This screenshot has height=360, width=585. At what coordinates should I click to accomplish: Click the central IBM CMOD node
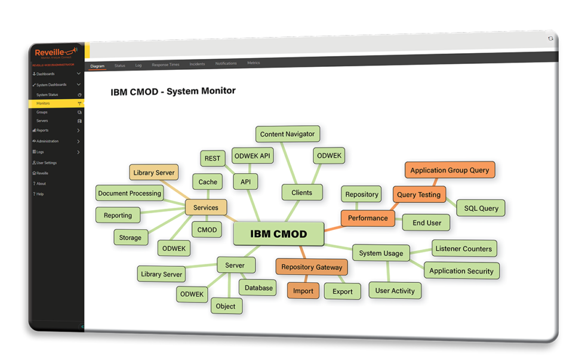pyautogui.click(x=278, y=233)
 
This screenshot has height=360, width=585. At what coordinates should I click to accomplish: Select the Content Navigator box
pyautogui.click(x=287, y=134)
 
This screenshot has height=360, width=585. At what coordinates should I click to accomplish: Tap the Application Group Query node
pyautogui.click(x=449, y=170)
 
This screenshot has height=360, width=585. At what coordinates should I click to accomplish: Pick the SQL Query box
pyautogui.click(x=481, y=208)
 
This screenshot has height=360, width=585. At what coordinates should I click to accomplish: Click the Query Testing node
pyautogui.click(x=418, y=194)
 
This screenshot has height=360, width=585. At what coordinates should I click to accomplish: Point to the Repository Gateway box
pyautogui.click(x=312, y=267)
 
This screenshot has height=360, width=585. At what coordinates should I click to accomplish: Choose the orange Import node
pyautogui.click(x=303, y=291)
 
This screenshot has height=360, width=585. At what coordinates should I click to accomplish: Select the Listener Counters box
pyautogui.click(x=463, y=248)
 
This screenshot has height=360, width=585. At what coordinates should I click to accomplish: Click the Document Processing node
pyautogui.click(x=130, y=193)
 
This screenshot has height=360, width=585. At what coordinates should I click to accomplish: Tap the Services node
pyautogui.click(x=206, y=207)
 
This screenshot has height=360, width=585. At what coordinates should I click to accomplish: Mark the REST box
pyautogui.click(x=212, y=158)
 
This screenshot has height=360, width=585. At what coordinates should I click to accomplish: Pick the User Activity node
pyautogui.click(x=395, y=291)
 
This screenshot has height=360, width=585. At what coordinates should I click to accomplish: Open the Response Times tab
pyautogui.click(x=165, y=64)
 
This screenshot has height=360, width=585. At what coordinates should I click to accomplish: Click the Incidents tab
pyautogui.click(x=197, y=64)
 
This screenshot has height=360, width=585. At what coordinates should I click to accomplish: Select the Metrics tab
pyautogui.click(x=253, y=63)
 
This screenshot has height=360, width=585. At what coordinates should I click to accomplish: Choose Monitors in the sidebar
pyautogui.click(x=43, y=103)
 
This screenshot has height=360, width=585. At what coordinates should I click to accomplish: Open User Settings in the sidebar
pyautogui.click(x=46, y=162)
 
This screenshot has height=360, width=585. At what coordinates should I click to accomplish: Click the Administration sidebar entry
pyautogui.click(x=47, y=141)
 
